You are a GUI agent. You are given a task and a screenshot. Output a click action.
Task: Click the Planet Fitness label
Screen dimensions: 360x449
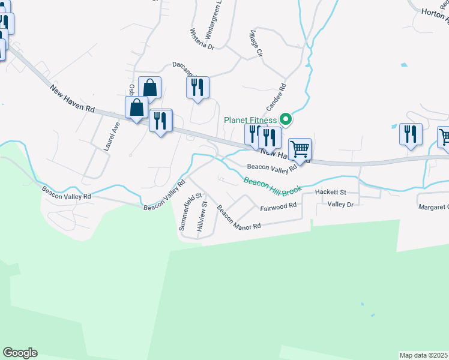pyautogui.click(x=251, y=119)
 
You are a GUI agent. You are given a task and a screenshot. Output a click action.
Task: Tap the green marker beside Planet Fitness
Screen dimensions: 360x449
pyautogui.click(x=287, y=119)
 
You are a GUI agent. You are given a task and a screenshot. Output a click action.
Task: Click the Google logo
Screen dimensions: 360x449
pyautogui.click(x=20, y=353)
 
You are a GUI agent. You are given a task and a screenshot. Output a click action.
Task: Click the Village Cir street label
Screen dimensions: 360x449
pyautogui.click(x=255, y=44)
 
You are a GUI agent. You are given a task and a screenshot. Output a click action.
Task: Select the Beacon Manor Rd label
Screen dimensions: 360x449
pyautogui.click(x=239, y=218)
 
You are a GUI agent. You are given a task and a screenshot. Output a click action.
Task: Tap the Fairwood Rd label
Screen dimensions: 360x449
pyautogui.click(x=279, y=206)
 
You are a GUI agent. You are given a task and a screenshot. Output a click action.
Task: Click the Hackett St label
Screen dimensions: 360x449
pyautogui.click(x=331, y=192)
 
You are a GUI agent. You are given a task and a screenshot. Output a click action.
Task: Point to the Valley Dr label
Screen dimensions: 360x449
pyautogui.click(x=341, y=205)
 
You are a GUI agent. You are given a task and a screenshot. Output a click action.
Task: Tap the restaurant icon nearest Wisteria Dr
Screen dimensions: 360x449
pyautogui.click(x=197, y=88)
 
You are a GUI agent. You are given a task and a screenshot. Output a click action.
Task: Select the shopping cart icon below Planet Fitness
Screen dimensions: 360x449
pyautogui.click(x=300, y=149)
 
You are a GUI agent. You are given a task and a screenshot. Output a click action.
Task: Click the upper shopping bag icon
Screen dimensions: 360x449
pyautogui.click(x=149, y=88)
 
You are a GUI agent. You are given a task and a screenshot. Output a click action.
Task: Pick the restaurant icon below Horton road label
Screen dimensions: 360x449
pyautogui.click(x=411, y=134)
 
